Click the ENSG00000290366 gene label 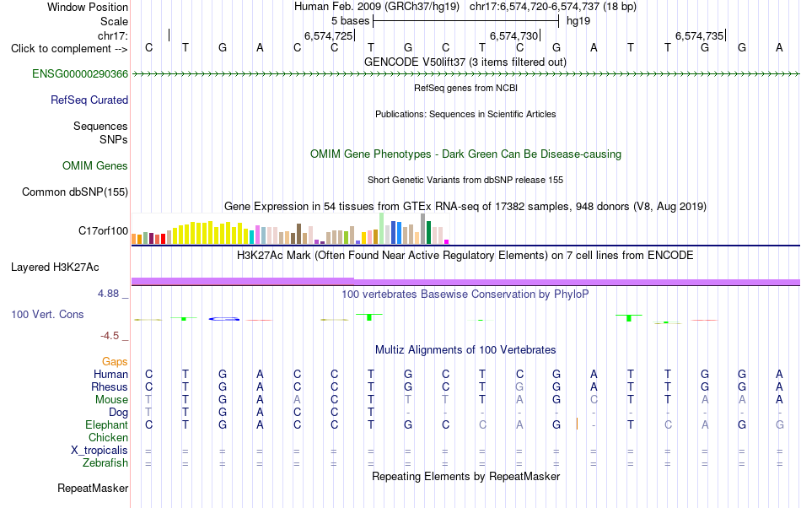coord(80,74)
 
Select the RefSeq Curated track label coord(89,100)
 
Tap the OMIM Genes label coord(95,166)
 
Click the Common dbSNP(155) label coord(75,192)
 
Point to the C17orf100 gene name coord(103,231)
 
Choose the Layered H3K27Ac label coord(55,268)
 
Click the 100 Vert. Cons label coord(47,315)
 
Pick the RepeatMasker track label coord(93,489)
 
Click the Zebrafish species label coord(105,463)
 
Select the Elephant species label coord(107,425)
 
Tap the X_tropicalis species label coord(99,451)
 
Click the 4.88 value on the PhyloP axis coord(108,294)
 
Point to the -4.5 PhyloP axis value coord(110,336)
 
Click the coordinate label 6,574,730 coord(514,35)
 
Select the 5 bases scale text coord(351,21)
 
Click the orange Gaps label coord(115,362)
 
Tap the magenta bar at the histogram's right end coord(447,241)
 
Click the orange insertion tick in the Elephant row coord(577,424)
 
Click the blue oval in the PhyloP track coord(223,319)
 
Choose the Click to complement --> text coord(69,49)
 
